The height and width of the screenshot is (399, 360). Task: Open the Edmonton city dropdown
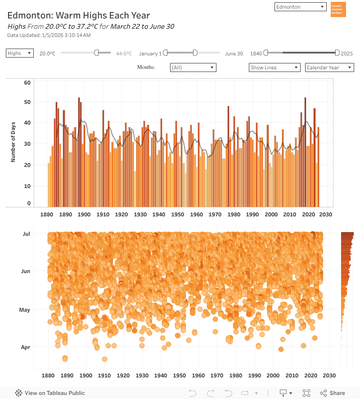pos(300,7)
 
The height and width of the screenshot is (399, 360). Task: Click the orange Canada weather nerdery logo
pos(338,9)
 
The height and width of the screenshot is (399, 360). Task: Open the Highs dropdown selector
pos(20,53)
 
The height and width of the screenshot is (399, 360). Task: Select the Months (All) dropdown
pos(193,67)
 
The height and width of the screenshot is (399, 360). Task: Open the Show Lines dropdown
pos(274,67)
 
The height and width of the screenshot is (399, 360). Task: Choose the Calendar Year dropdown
pos(329,67)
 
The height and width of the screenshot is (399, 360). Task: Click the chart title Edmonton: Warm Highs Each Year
pos(79,16)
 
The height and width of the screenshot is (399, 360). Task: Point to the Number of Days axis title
pos(13,142)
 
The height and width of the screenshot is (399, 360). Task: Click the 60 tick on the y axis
pos(27,83)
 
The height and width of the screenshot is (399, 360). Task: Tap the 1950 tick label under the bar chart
pos(177,215)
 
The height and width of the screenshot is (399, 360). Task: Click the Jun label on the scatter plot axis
pos(26,271)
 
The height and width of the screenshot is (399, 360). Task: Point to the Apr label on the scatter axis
pos(26,347)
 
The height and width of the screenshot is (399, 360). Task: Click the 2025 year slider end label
pos(346,54)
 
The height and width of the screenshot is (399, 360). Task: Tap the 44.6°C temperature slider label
pos(124,54)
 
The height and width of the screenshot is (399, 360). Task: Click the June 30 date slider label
pos(234,54)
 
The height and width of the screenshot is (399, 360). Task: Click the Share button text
pos(337,393)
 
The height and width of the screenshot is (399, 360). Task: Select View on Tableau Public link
pos(54,393)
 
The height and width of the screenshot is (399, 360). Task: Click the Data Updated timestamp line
pos(49,35)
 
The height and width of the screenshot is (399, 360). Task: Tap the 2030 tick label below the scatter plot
pos(329,375)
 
